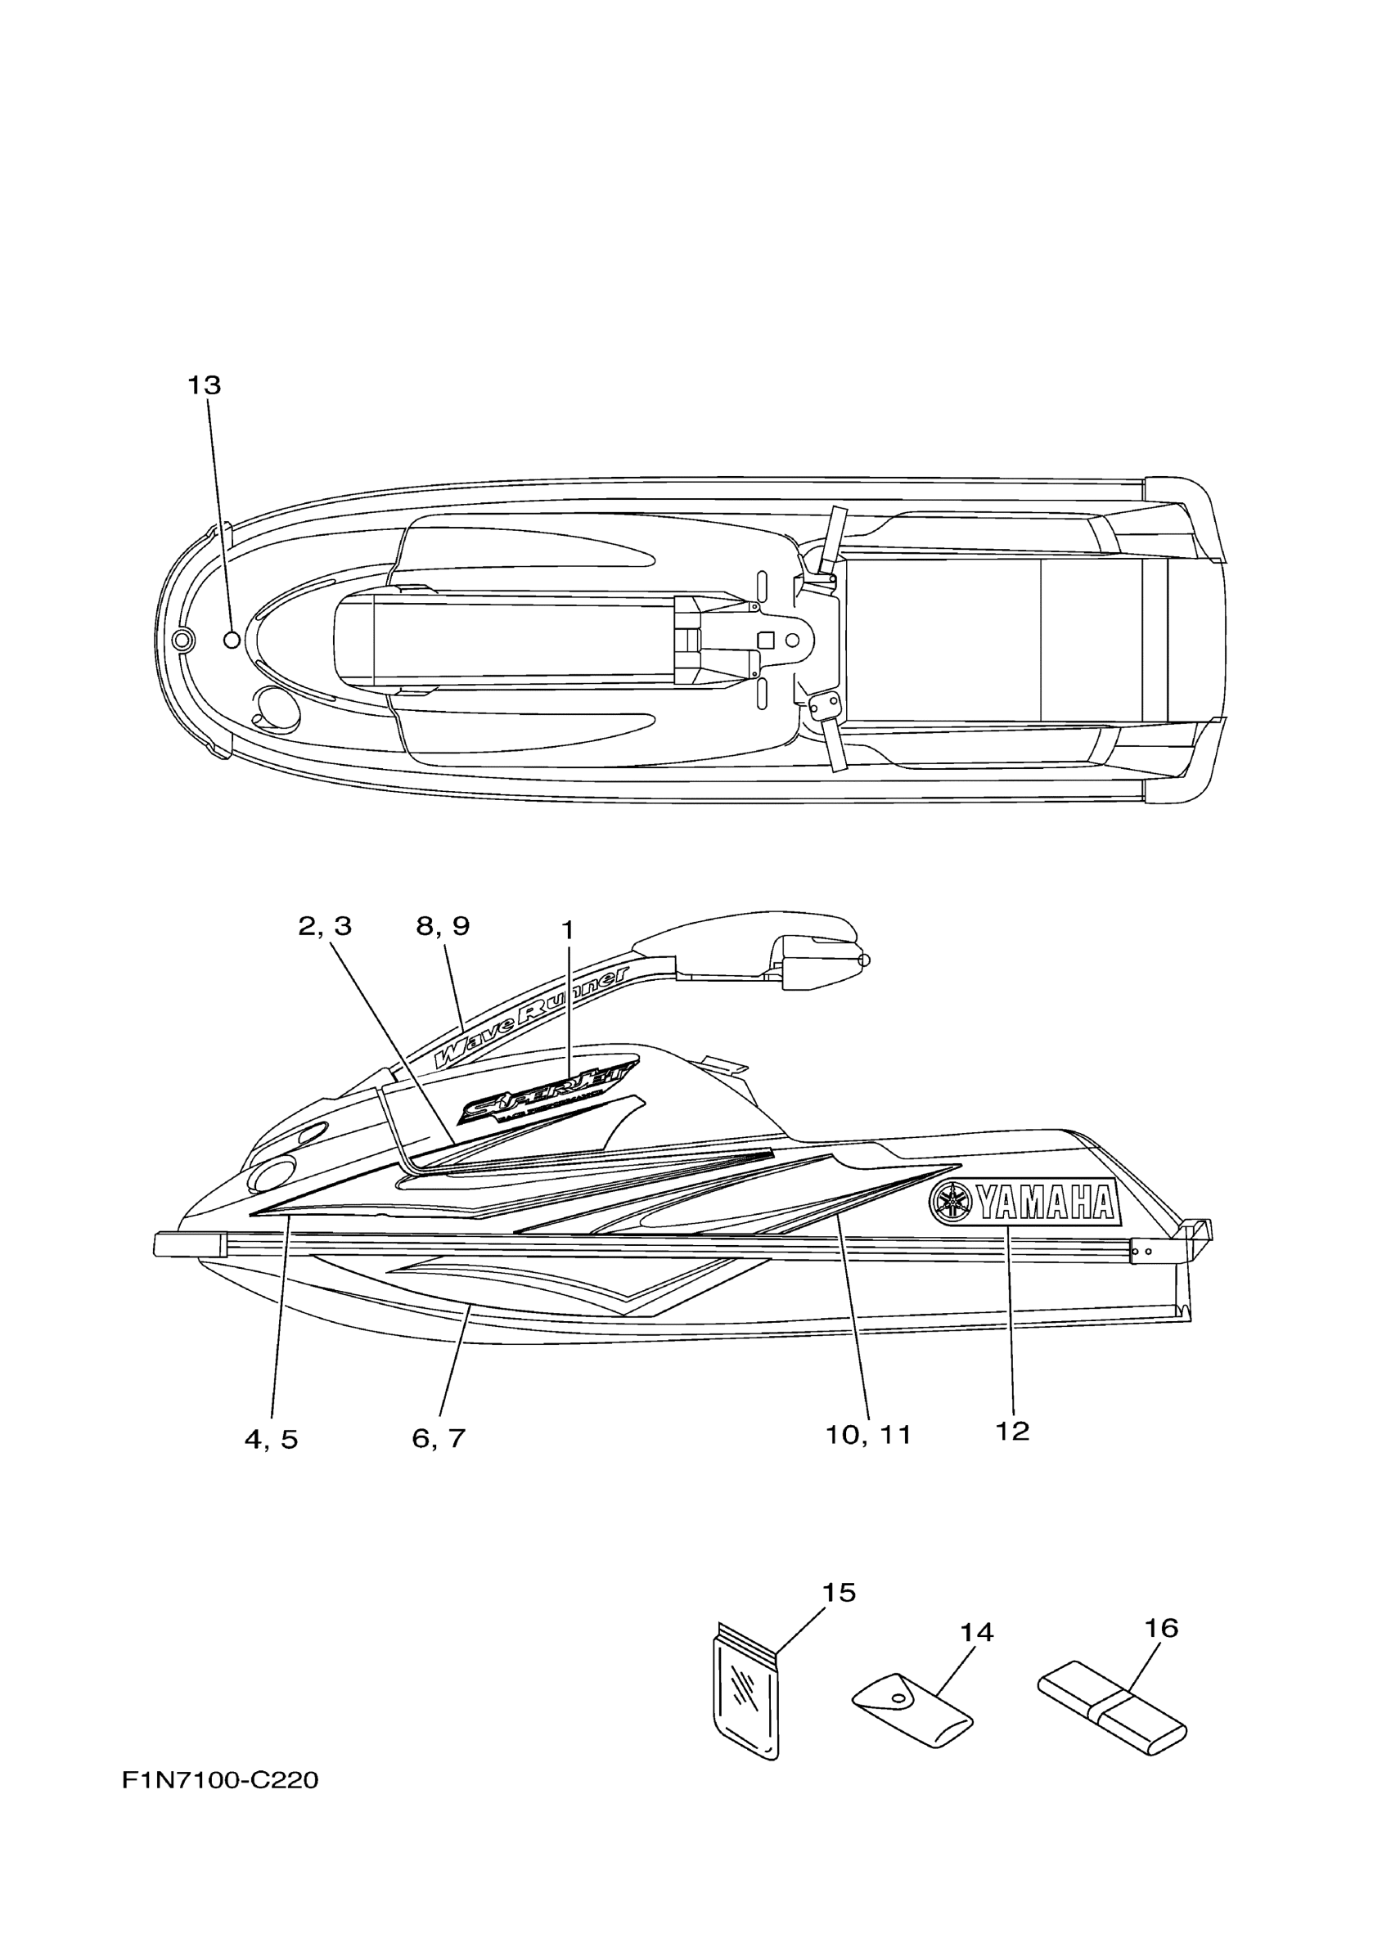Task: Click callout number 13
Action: pos(205,386)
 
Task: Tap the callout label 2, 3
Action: pos(325,927)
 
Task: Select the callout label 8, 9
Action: pos(443,927)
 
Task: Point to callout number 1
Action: pos(566,930)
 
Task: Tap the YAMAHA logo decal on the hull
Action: pos(1024,1203)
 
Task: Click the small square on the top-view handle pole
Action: pos(767,640)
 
